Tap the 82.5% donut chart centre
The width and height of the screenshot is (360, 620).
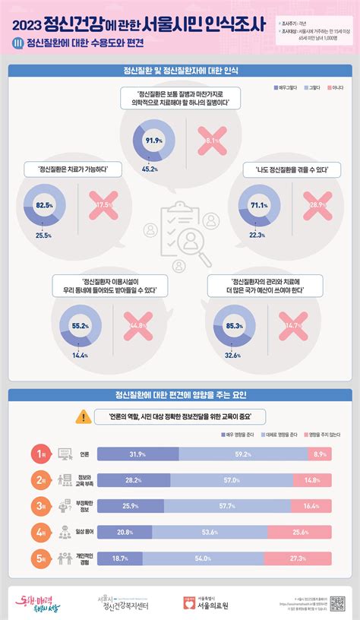(x=45, y=205)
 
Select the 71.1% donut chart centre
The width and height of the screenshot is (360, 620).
(x=259, y=204)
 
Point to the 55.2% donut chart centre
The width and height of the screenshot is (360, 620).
(x=80, y=325)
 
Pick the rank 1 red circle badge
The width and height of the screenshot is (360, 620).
(x=41, y=454)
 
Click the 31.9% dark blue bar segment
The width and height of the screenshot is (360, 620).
(x=137, y=454)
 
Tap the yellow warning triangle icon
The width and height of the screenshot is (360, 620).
(x=82, y=416)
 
